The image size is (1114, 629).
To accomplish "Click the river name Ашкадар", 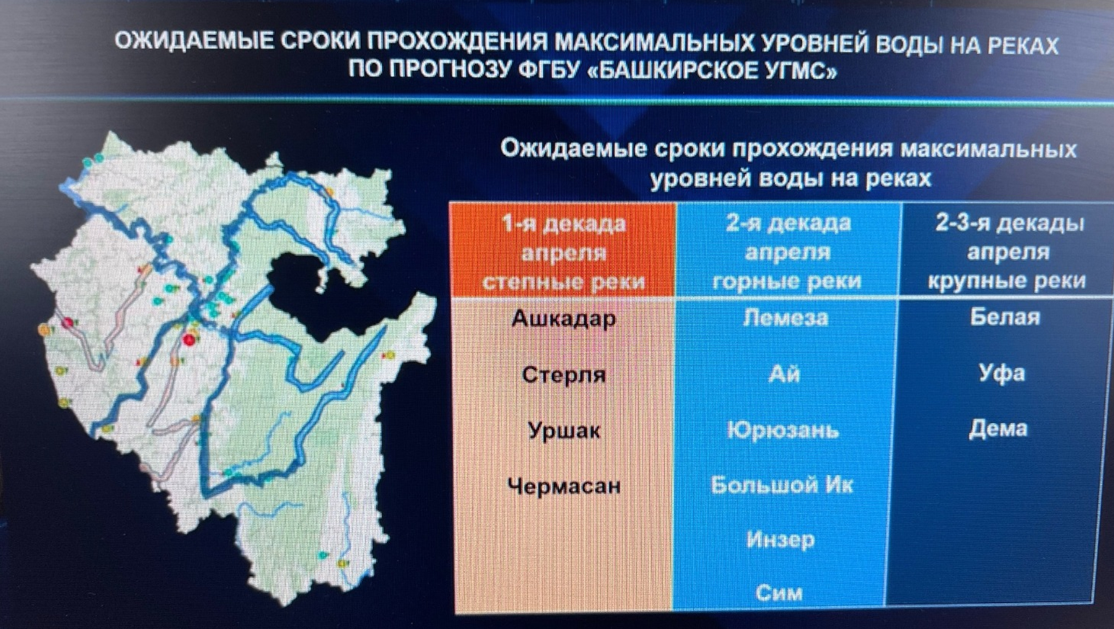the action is [563, 319].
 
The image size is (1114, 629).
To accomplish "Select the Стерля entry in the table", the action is [564, 374].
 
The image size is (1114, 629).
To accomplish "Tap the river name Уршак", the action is [564, 431].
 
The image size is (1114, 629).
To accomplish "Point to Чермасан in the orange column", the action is [564, 486].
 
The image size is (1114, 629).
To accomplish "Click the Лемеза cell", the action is [786, 318].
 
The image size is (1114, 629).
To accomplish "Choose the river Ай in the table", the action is [785, 373].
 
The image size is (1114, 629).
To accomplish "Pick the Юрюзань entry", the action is [783, 430].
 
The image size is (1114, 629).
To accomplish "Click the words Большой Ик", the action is [782, 485].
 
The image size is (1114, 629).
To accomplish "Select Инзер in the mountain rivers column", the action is [780, 540].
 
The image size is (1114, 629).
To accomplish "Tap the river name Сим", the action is [779, 593].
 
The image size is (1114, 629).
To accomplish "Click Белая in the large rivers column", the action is [1005, 317].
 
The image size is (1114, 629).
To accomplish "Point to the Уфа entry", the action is [1002, 374].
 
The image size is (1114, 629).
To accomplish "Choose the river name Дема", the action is [997, 428].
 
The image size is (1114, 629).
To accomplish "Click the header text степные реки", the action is [563, 282].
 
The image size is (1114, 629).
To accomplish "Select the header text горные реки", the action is [787, 281].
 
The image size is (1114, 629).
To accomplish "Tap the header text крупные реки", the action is [1006, 281].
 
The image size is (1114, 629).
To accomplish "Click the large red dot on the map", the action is [189, 340].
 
